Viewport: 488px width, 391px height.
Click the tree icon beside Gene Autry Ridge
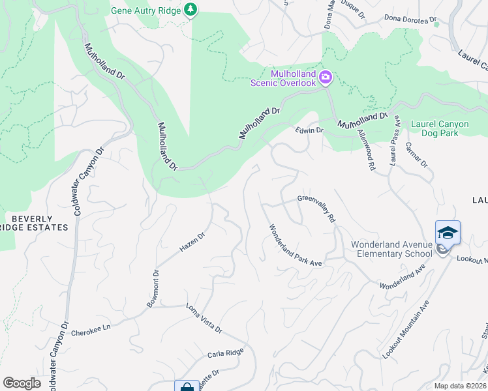[x=190, y=10]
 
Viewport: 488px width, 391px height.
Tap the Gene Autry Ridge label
[x=145, y=10]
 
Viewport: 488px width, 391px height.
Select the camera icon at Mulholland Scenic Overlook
[x=325, y=78]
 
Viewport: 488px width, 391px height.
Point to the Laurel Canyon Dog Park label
[x=444, y=128]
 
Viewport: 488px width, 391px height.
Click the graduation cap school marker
[x=448, y=233]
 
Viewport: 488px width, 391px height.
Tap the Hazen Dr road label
[x=192, y=242]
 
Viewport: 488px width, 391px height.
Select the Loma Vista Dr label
[x=204, y=318]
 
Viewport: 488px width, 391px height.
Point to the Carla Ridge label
[x=225, y=354]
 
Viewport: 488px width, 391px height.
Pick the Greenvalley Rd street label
[x=316, y=209]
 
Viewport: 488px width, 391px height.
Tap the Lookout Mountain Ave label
[x=406, y=329]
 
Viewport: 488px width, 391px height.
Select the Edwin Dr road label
[x=309, y=130]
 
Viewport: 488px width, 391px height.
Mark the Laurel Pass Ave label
[x=394, y=140]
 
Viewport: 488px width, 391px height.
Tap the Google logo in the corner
[x=22, y=383]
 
